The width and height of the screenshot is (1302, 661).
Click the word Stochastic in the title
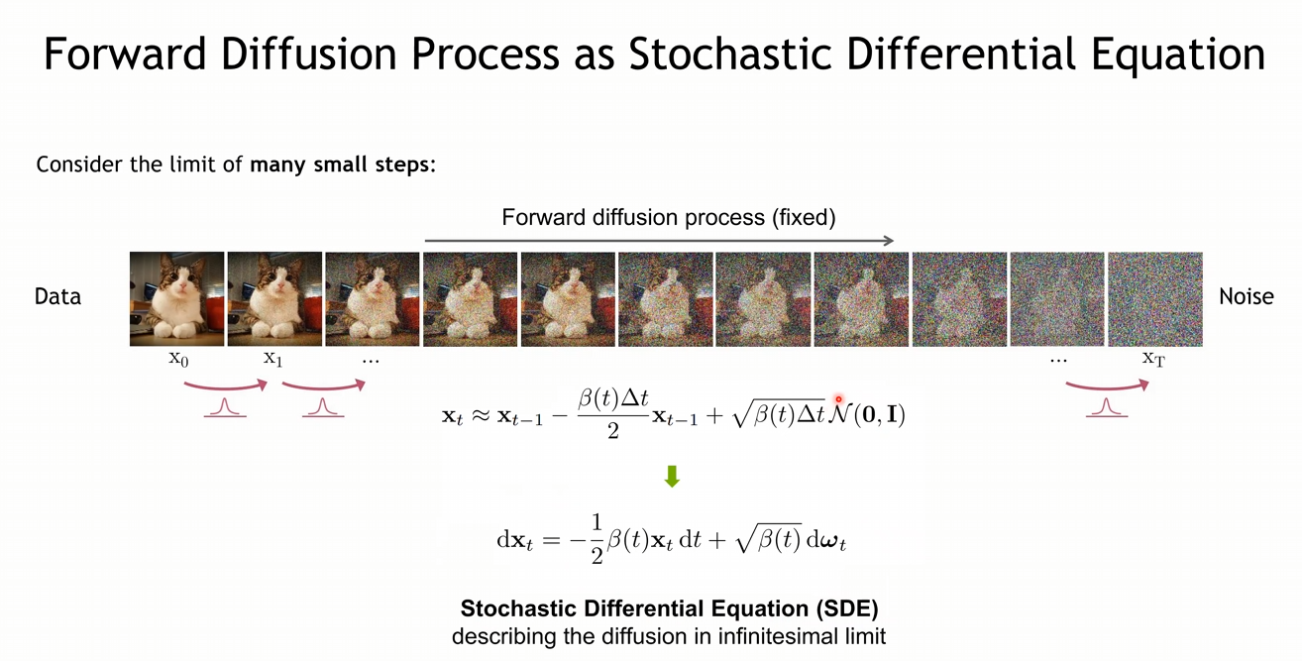tap(729, 55)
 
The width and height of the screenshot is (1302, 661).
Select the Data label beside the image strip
tap(57, 296)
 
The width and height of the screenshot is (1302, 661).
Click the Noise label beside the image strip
tap(1247, 296)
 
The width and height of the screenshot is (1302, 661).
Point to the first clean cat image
tap(176, 299)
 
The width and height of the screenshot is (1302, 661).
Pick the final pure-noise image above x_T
tap(1155, 299)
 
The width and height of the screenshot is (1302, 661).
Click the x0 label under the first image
tap(178, 359)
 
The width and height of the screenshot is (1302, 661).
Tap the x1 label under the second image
tap(272, 359)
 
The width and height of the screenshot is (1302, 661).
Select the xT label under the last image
tap(1153, 359)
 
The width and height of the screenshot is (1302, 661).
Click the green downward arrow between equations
tap(672, 476)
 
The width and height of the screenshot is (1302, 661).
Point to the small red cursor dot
tap(838, 399)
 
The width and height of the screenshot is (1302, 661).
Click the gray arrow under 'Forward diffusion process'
tap(659, 240)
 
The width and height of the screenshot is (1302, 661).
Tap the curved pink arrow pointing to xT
tap(1107, 387)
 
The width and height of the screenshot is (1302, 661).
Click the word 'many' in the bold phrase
tap(279, 165)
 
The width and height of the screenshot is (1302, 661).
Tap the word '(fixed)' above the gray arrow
tap(804, 218)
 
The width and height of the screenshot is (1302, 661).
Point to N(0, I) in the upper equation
tap(866, 414)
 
